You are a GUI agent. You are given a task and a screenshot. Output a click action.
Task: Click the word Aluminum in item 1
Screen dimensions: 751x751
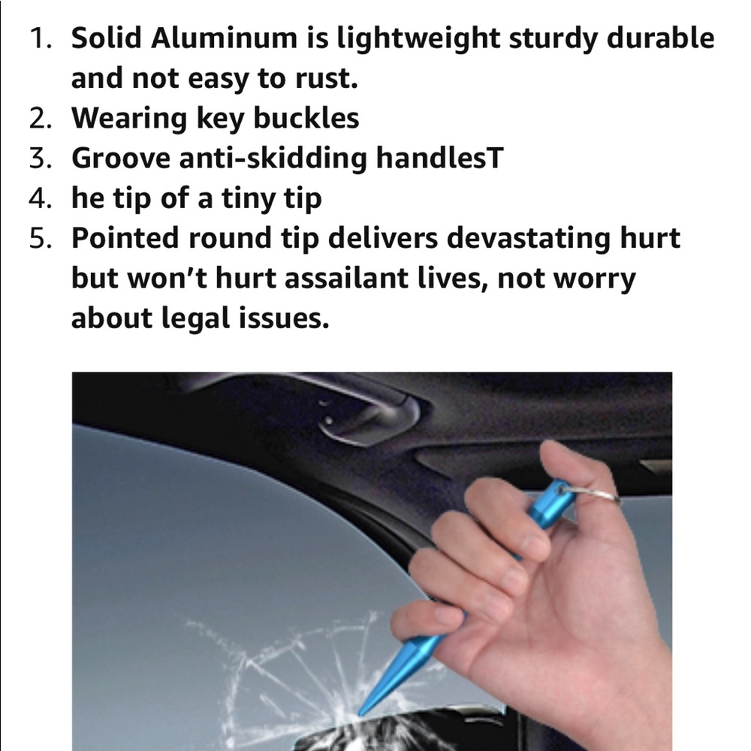tap(224, 38)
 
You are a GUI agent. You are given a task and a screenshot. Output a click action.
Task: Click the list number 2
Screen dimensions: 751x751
tap(41, 119)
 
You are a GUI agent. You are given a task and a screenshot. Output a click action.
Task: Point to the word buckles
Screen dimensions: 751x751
tap(306, 118)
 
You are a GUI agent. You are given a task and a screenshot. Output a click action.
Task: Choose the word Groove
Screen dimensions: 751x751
tap(121, 158)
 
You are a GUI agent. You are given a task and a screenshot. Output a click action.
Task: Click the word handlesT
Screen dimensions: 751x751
tap(439, 157)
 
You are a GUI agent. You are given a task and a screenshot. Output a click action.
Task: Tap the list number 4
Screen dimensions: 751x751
tap(41, 198)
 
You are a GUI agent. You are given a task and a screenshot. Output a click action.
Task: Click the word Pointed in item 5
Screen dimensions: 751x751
tap(125, 237)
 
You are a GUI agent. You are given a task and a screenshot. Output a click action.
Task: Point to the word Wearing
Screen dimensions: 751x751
tap(129, 119)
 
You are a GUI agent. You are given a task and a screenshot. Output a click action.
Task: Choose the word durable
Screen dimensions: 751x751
tap(660, 38)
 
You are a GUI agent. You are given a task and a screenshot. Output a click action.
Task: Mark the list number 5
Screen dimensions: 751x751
tap(41, 239)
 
